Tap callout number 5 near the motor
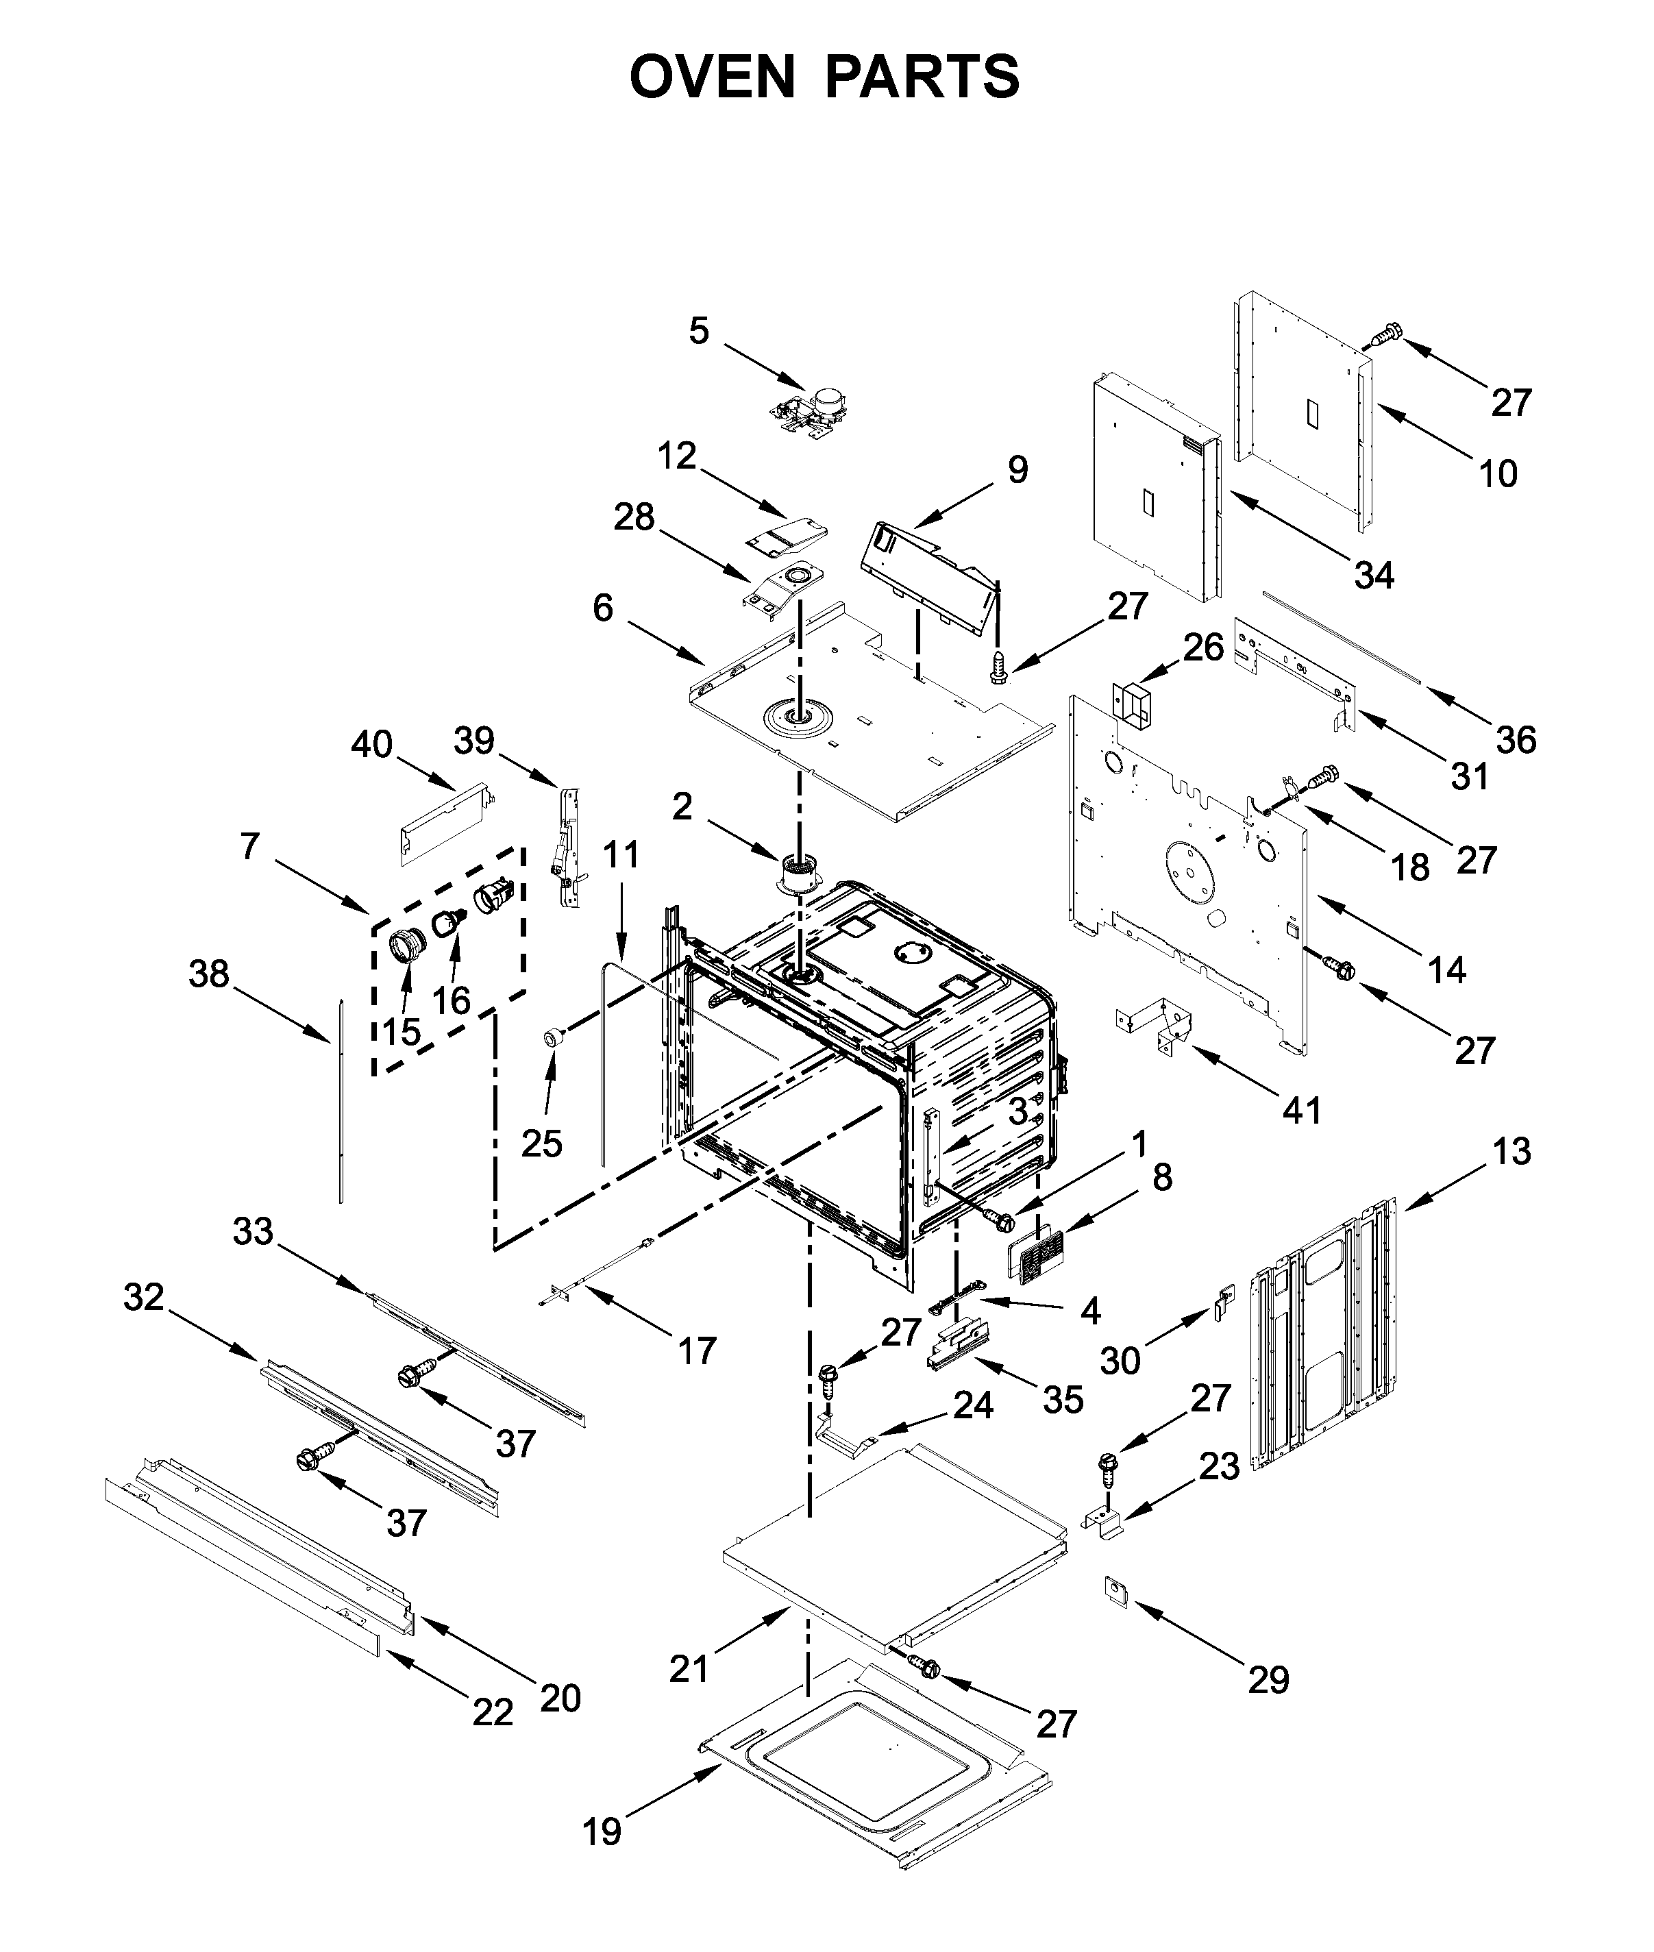tap(699, 330)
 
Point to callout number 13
tap(1511, 1151)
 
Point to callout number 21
tap(689, 1668)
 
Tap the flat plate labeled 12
tap(786, 535)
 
